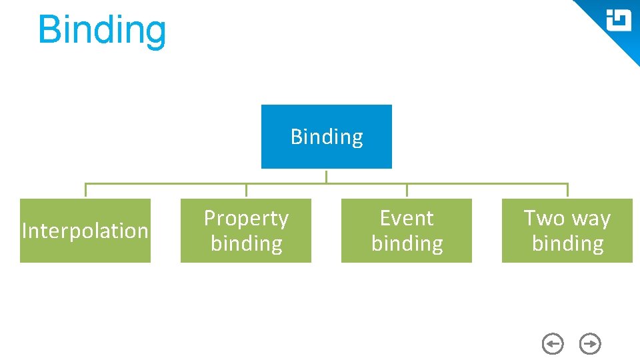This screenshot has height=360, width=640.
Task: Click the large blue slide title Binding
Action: coord(101,30)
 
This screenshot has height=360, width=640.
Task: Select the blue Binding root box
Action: coord(326,137)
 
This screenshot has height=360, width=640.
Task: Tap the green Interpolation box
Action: coord(85,231)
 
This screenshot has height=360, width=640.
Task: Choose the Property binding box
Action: coord(246,231)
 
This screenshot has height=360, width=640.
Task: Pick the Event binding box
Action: coord(407,231)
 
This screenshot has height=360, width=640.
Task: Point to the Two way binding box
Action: coord(567,231)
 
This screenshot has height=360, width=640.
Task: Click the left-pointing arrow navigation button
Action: coord(553,344)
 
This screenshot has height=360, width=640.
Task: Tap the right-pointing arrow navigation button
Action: coord(591,344)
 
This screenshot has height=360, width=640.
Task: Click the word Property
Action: coord(246,219)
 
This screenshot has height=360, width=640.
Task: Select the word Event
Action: coord(407,218)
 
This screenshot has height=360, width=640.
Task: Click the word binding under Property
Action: coord(246,243)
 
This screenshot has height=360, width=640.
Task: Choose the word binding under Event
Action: coord(407,243)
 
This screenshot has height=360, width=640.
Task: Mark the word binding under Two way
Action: coord(567,243)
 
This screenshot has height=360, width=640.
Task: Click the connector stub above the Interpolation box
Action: coord(85,191)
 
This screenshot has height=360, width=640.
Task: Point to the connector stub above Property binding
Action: coord(246,191)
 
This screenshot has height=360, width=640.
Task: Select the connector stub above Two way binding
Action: coord(567,191)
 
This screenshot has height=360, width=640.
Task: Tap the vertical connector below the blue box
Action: coord(326,176)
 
